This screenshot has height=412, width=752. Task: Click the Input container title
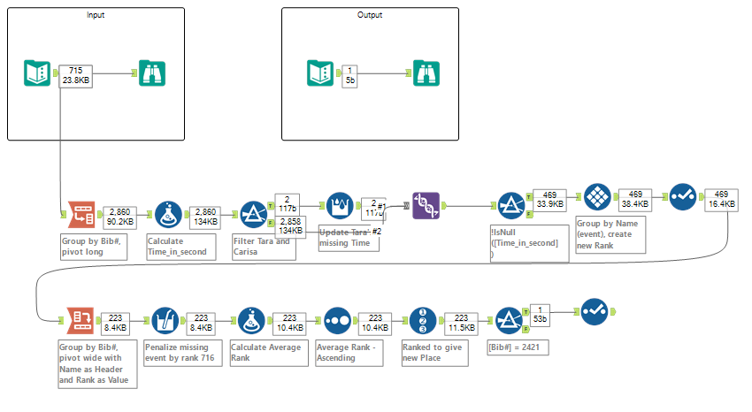point(96,16)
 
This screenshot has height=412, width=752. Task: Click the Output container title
point(370,16)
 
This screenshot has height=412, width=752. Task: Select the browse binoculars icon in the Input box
point(151,73)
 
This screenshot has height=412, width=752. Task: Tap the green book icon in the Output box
point(319,73)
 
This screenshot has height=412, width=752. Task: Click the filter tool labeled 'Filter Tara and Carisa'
point(254,215)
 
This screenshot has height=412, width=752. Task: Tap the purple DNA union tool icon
point(426,205)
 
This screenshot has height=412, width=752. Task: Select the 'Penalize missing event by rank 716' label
point(178,354)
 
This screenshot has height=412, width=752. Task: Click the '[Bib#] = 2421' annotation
point(518,348)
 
